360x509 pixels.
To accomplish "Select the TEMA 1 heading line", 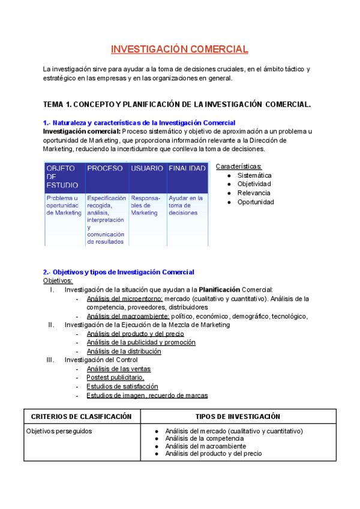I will point(176,104).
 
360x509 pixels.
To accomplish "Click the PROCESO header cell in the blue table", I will point(105,169).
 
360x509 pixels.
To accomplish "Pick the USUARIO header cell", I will point(147,169).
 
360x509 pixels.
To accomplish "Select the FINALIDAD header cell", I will point(187,169).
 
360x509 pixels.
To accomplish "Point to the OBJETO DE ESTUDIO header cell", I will point(63,176).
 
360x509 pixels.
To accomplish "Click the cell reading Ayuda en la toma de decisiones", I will point(186,205).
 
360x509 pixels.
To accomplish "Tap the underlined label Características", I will point(238,166).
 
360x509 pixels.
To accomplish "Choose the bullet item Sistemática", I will point(254,175).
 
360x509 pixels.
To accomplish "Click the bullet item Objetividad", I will point(254,184).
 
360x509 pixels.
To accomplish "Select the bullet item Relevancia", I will point(254,193).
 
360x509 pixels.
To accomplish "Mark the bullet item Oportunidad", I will point(256,202).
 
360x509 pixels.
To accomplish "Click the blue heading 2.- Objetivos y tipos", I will point(118,272).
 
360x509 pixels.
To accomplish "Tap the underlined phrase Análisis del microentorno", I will point(124,298).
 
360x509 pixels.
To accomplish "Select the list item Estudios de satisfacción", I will point(122,387).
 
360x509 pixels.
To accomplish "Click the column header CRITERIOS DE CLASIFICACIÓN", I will point(81,416).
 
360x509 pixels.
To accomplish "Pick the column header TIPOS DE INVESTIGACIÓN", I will point(238,416).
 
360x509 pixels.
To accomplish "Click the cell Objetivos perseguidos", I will point(59,431).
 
